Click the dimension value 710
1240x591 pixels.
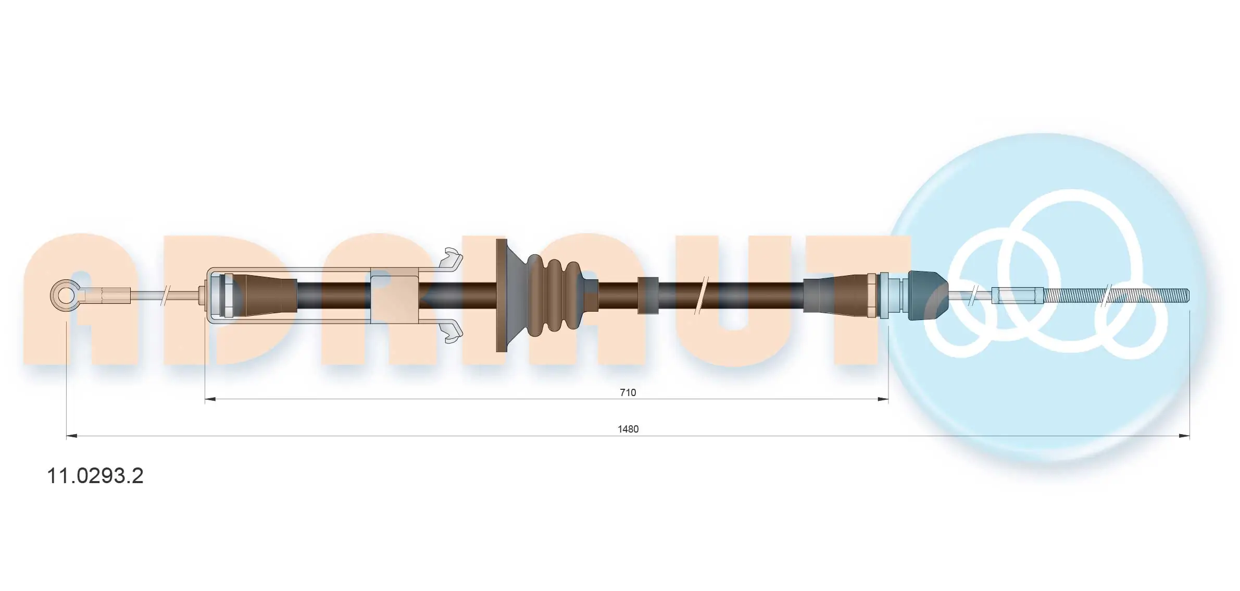tap(628, 392)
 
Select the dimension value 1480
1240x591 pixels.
tap(628, 429)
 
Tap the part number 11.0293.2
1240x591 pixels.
tap(95, 476)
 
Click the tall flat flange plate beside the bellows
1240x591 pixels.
tap(502, 295)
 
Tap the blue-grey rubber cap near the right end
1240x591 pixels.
tap(926, 295)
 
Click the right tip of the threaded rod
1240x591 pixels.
tap(1189, 295)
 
